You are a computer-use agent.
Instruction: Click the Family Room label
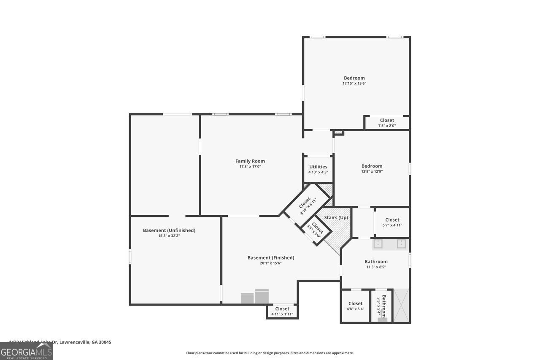(x=250, y=161)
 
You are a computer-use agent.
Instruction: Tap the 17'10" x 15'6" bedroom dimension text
(x=354, y=84)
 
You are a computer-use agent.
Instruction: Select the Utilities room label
(x=318, y=167)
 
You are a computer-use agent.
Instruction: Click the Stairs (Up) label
(x=336, y=217)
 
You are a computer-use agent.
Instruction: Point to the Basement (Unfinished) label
(x=169, y=230)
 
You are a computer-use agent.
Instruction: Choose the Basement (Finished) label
(x=270, y=258)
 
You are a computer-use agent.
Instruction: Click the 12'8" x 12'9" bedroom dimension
(x=372, y=172)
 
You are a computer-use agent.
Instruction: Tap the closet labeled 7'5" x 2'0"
(x=387, y=123)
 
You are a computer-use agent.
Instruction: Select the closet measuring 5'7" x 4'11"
(x=392, y=222)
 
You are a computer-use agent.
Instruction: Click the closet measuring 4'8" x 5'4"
(x=355, y=306)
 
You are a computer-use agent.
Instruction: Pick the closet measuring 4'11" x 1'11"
(x=282, y=311)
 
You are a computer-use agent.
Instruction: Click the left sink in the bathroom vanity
(x=377, y=244)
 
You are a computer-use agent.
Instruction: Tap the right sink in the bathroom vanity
(x=401, y=244)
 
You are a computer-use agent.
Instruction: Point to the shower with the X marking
(x=401, y=306)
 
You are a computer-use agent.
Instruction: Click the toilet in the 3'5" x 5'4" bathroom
(x=382, y=319)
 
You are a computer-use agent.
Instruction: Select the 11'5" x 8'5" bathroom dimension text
(x=375, y=267)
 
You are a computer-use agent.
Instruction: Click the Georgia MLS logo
(x=26, y=351)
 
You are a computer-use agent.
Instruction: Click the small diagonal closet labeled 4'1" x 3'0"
(x=316, y=230)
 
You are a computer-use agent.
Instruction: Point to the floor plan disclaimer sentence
(x=270, y=353)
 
